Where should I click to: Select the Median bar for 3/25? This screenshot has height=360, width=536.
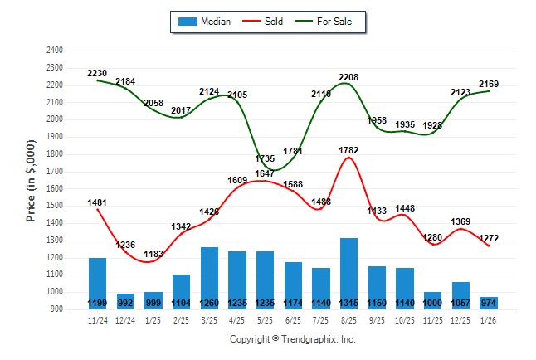209,274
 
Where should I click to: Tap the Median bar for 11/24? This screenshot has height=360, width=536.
97,279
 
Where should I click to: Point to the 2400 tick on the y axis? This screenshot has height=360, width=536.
55,51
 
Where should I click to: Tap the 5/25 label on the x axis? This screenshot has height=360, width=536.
266,319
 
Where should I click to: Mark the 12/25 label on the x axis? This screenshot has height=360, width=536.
461,319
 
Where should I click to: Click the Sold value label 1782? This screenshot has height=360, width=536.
348,150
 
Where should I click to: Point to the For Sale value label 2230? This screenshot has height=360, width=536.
97,74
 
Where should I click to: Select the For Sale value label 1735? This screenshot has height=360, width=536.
265,158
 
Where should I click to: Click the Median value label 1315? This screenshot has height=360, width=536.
349,303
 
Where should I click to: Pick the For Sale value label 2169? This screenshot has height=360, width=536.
489,84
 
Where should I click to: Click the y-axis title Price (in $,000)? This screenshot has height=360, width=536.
31,180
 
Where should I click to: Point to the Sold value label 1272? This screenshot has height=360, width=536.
489,239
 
